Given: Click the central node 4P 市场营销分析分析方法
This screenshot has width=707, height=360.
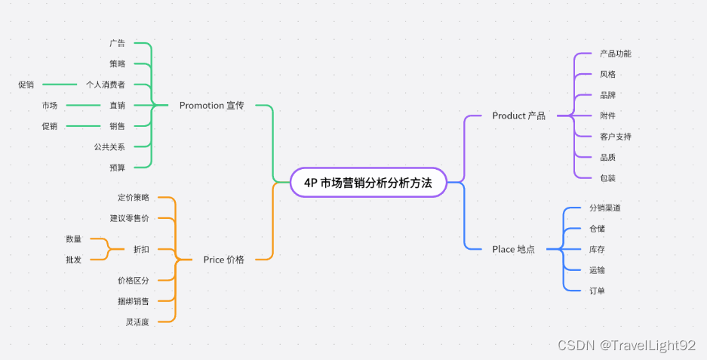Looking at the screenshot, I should coord(368,182).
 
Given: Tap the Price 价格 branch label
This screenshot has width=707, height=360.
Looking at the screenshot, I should coord(223,260).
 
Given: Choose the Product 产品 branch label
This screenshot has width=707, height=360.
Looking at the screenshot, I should coord(518,115).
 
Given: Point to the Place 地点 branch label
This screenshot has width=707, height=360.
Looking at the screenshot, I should coord(513,249).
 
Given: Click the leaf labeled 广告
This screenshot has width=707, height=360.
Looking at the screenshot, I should coord(117,43).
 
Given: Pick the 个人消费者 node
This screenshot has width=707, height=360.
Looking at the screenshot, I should coord(105,85).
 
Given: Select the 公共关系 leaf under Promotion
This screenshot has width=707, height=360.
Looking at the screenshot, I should coord(109,146).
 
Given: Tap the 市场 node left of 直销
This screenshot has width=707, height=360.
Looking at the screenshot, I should coord(50,106).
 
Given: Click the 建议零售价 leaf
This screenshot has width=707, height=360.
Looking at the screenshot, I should coord(129,218).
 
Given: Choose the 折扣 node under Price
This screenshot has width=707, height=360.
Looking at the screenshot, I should coord(141,249).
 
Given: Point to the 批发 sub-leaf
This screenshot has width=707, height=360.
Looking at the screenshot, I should coord(74,260).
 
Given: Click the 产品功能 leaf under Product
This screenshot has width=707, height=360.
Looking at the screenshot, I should coord(615,54).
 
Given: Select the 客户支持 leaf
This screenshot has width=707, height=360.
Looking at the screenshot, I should coord(615,137).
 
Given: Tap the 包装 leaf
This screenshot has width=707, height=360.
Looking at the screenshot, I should coord(607,178).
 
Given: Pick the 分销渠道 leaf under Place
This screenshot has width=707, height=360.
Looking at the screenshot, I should coord(604,208).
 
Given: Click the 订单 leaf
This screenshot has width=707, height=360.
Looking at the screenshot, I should coord(597,291).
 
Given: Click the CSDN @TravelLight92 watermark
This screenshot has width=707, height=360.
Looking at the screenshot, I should coord(626,345).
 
